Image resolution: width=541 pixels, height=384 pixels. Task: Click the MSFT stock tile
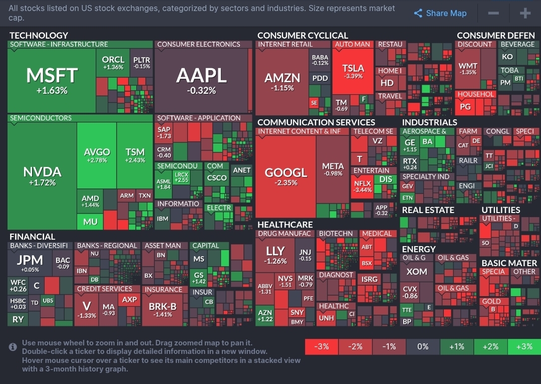tap(52, 80)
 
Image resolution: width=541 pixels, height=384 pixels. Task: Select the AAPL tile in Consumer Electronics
tap(201, 80)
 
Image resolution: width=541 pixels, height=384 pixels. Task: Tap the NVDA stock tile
tap(42, 176)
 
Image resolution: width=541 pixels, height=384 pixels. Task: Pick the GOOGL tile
tap(286, 176)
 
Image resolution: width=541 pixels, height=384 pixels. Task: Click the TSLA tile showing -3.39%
tap(353, 71)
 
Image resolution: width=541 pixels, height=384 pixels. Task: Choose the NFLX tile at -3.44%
tap(362, 186)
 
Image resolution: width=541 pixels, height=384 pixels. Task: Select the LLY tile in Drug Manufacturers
tap(275, 254)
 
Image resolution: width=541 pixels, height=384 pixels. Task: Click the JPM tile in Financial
tap(30, 262)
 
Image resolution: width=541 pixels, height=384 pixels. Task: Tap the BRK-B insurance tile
tap(163, 309)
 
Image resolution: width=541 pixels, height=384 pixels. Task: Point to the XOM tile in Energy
tap(416, 272)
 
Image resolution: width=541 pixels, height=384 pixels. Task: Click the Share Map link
tap(440, 14)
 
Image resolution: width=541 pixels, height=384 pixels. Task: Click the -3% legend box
tap(322, 346)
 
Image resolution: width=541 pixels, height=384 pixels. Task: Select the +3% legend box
tap(524, 346)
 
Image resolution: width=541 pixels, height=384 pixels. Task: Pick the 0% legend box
tap(423, 346)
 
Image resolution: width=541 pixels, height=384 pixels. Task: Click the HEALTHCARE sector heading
tap(285, 225)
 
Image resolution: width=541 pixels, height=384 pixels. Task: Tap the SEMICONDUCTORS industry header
tap(41, 118)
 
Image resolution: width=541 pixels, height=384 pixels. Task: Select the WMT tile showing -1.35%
tap(468, 69)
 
